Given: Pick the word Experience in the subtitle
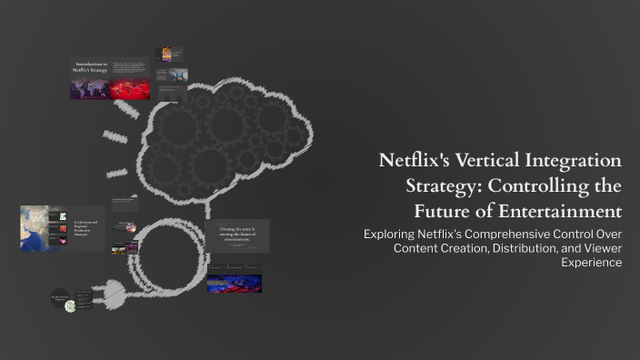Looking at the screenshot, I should pos(591,262).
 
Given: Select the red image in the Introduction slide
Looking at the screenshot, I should pos(129,89).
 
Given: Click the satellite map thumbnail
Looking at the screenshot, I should pos(34,227).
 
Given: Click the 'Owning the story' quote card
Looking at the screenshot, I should pos(237,235).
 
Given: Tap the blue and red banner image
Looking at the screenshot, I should pos(235,283).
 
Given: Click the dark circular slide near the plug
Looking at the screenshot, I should pos(61,298).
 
